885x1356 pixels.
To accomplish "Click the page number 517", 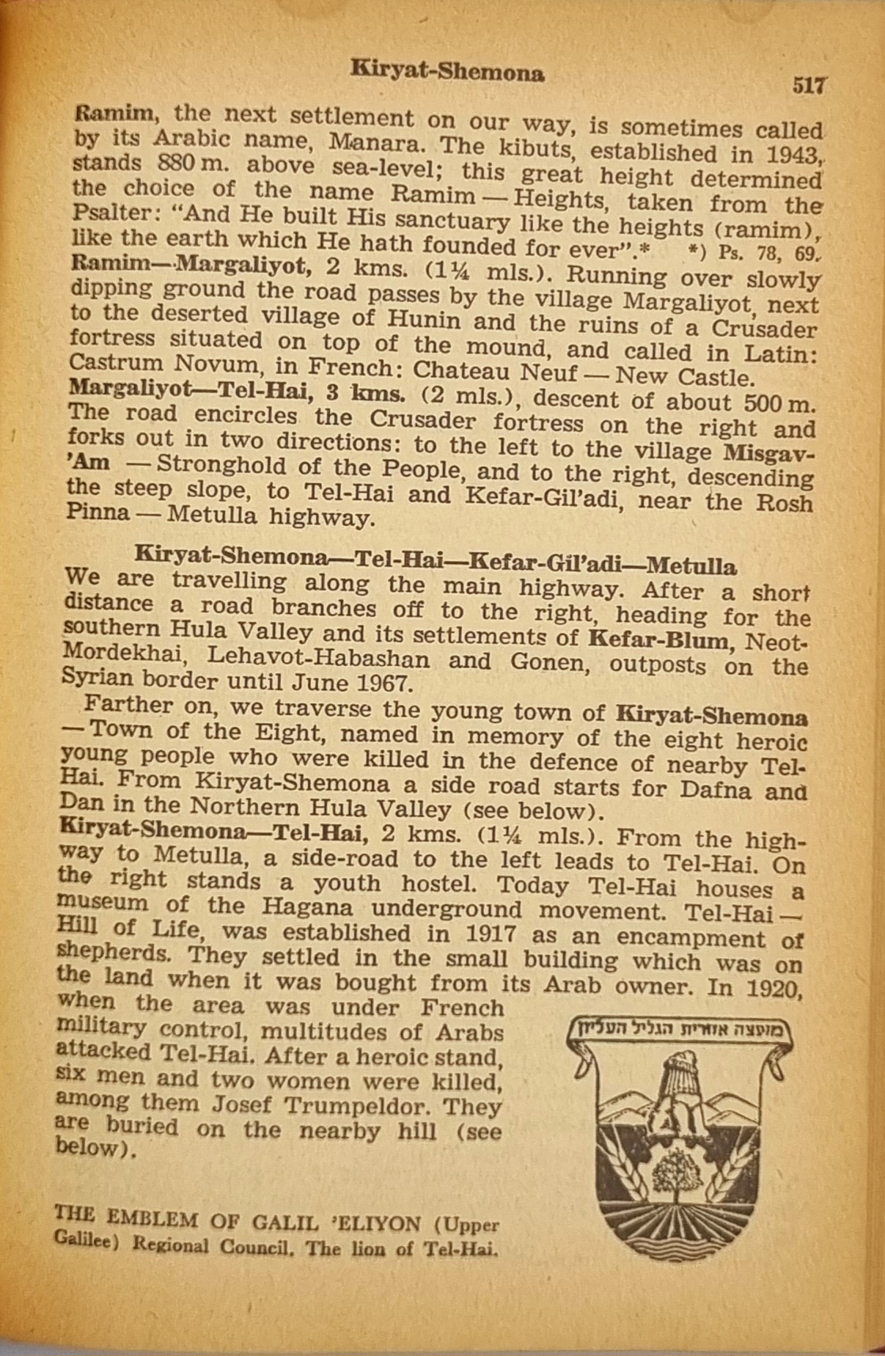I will click(809, 85).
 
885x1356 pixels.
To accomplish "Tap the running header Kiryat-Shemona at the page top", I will click(447, 72).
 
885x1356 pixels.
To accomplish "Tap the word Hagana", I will click(307, 907).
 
